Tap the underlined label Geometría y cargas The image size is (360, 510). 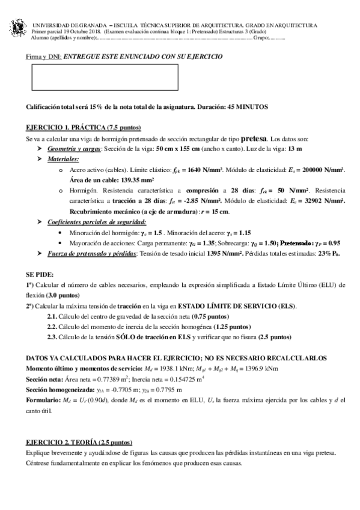(x=74, y=148)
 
